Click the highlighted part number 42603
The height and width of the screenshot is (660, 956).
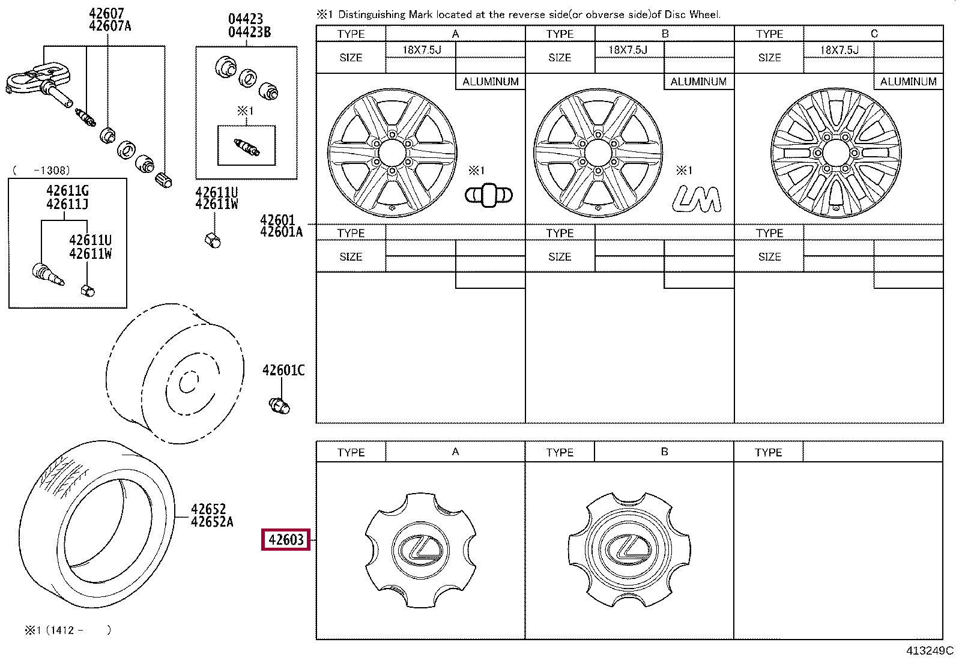click(285, 540)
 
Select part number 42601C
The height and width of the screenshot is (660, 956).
click(283, 370)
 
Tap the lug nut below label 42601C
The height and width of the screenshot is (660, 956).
click(280, 405)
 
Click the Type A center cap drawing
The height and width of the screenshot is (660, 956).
click(420, 550)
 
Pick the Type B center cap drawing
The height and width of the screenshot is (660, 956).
click(629, 549)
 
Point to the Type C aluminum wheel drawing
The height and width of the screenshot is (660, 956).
click(836, 153)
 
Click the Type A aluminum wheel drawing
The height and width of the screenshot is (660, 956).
click(392, 153)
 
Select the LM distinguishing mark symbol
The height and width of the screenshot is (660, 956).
click(697, 199)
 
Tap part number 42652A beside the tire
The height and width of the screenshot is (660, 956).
click(212, 522)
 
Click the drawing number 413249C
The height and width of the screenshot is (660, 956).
click(930, 650)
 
